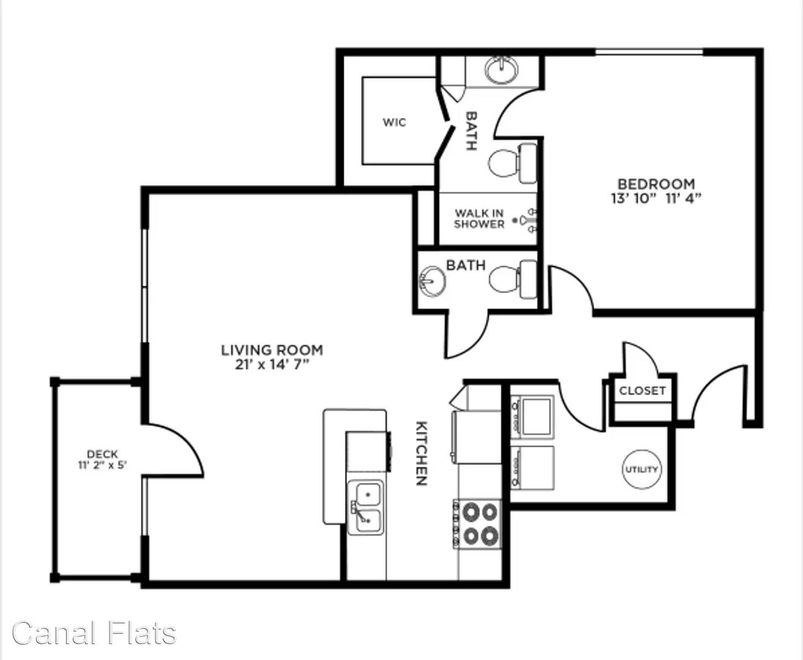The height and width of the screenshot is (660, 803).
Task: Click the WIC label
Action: point(394,122)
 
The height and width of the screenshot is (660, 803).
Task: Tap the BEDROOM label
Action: point(656,185)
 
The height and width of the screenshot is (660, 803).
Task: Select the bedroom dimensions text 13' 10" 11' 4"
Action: point(656,199)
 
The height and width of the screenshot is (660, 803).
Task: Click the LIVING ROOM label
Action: point(272,350)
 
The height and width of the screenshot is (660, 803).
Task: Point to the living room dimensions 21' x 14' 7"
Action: point(272,364)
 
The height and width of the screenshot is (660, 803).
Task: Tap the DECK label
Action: point(102,454)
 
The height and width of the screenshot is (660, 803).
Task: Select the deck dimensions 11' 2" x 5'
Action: point(102,465)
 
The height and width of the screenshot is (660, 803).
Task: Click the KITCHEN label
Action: point(421,453)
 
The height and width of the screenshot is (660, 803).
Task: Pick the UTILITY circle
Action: point(642,469)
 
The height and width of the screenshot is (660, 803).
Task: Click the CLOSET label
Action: point(642,391)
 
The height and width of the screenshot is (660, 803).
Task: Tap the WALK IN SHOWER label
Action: point(479,219)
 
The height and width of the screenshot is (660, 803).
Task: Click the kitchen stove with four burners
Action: point(478,524)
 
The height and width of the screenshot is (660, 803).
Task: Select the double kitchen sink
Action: point(366,507)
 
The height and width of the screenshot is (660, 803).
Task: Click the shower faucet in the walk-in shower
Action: point(527,220)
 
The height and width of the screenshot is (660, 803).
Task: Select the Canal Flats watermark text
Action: point(94,633)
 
